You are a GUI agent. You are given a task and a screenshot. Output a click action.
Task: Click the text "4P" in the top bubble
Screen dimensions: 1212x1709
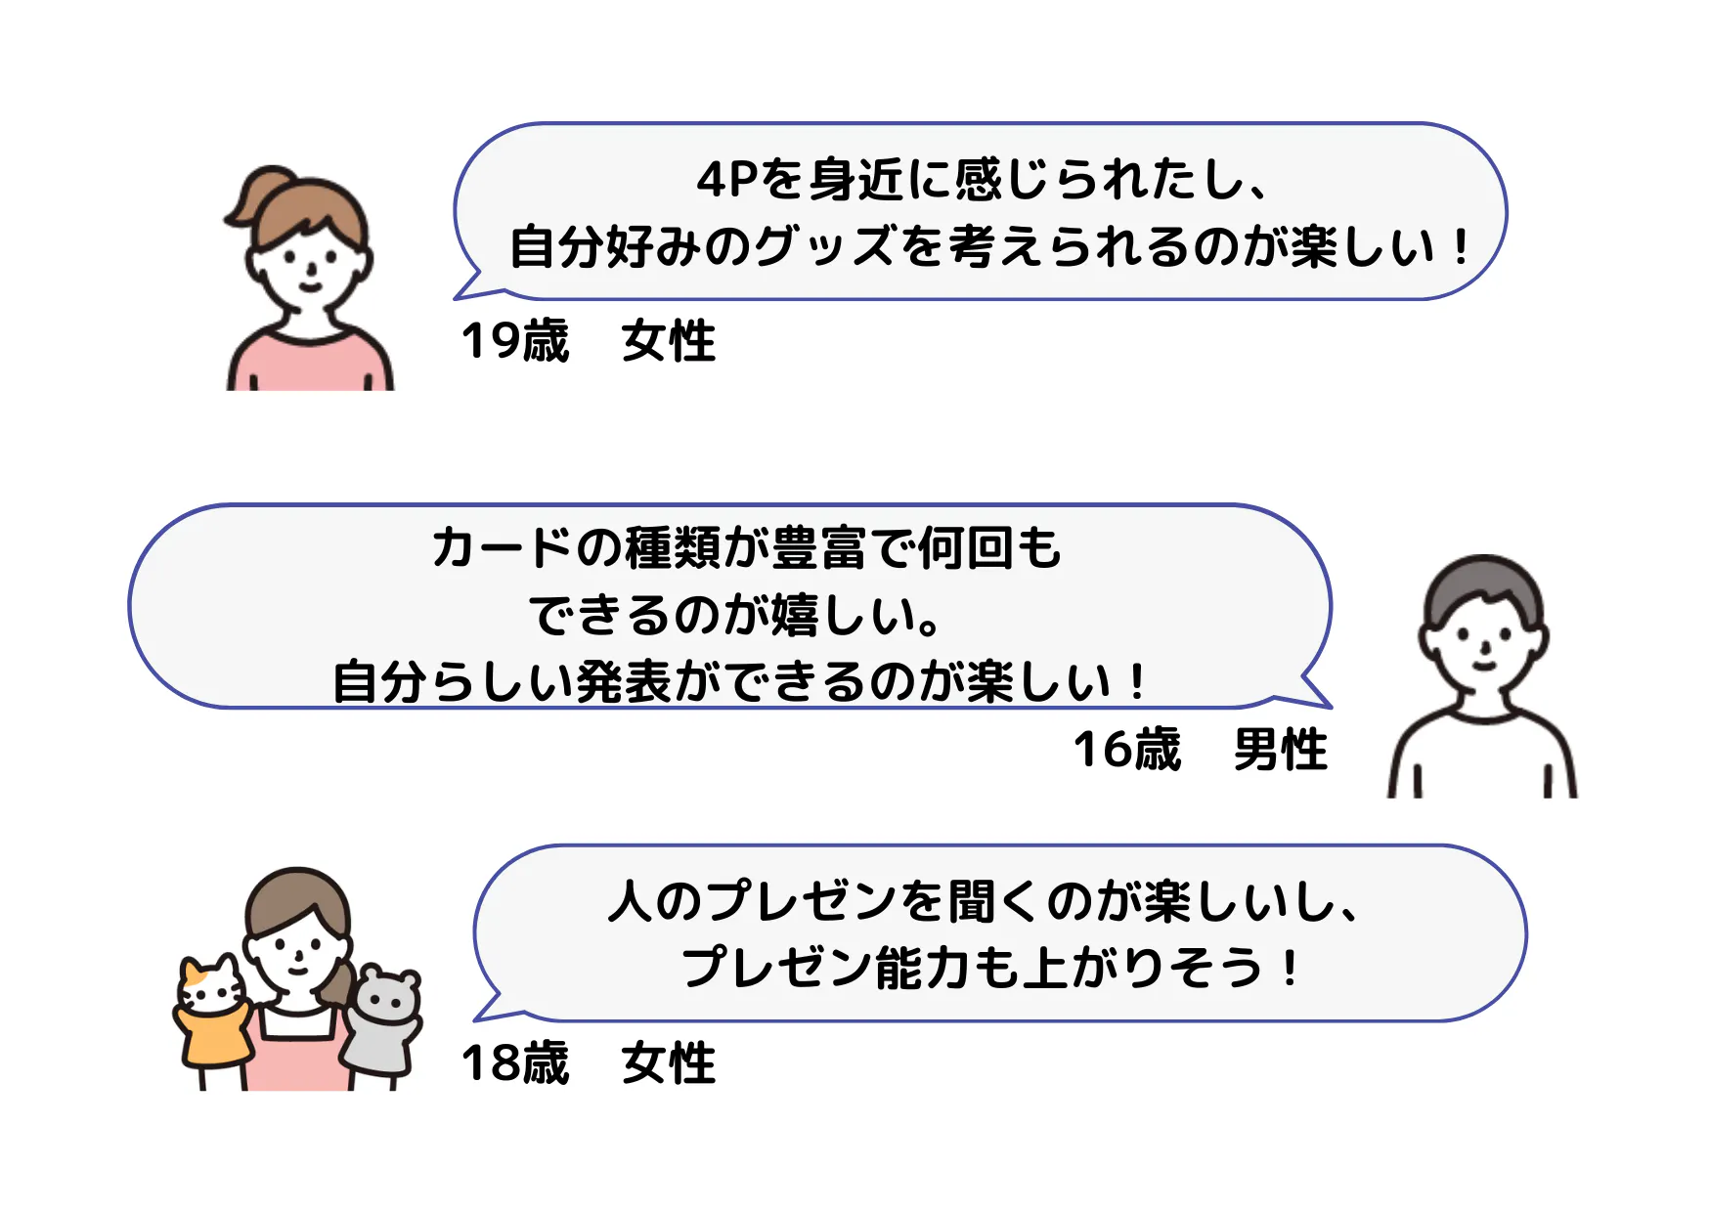pyautogui.click(x=727, y=180)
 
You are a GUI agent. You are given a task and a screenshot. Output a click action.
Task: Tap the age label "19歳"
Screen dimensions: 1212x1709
pyautogui.click(x=514, y=341)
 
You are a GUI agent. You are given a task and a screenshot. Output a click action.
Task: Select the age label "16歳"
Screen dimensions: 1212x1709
pyautogui.click(x=1127, y=750)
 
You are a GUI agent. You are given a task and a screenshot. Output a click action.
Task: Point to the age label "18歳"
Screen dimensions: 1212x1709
pyautogui.click(x=514, y=1062)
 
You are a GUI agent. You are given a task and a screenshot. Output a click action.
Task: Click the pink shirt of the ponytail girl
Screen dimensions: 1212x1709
pyautogui.click(x=310, y=364)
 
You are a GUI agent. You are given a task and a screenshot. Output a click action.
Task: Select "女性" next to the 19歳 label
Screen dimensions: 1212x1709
pyautogui.click(x=669, y=341)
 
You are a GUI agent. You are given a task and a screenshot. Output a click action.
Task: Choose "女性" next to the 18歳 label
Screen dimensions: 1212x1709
pyautogui.click(x=669, y=1062)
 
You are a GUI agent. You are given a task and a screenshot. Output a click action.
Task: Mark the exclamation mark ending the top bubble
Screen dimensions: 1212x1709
pyautogui.click(x=1461, y=246)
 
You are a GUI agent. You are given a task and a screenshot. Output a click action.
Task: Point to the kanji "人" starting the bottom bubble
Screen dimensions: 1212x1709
pyautogui.click(x=631, y=901)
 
